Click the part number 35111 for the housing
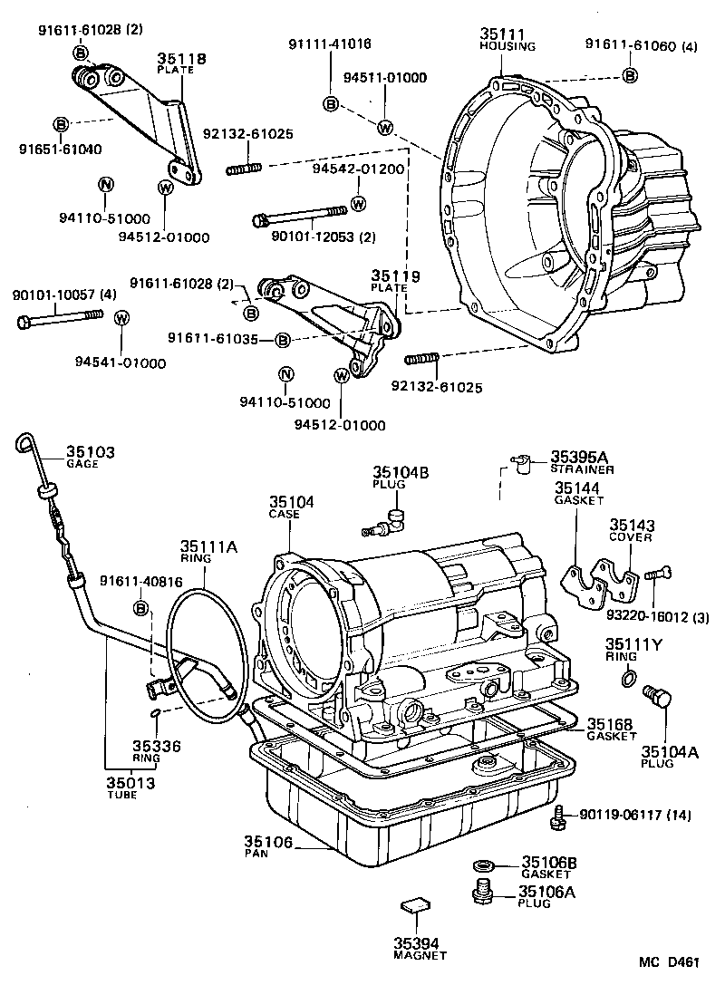point(496,34)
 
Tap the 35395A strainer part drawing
point(519,465)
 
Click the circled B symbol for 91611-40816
point(141,607)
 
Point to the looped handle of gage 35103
point(24,442)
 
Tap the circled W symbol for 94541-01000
point(122,317)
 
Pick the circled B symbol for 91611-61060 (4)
point(629,76)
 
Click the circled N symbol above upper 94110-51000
point(105,185)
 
